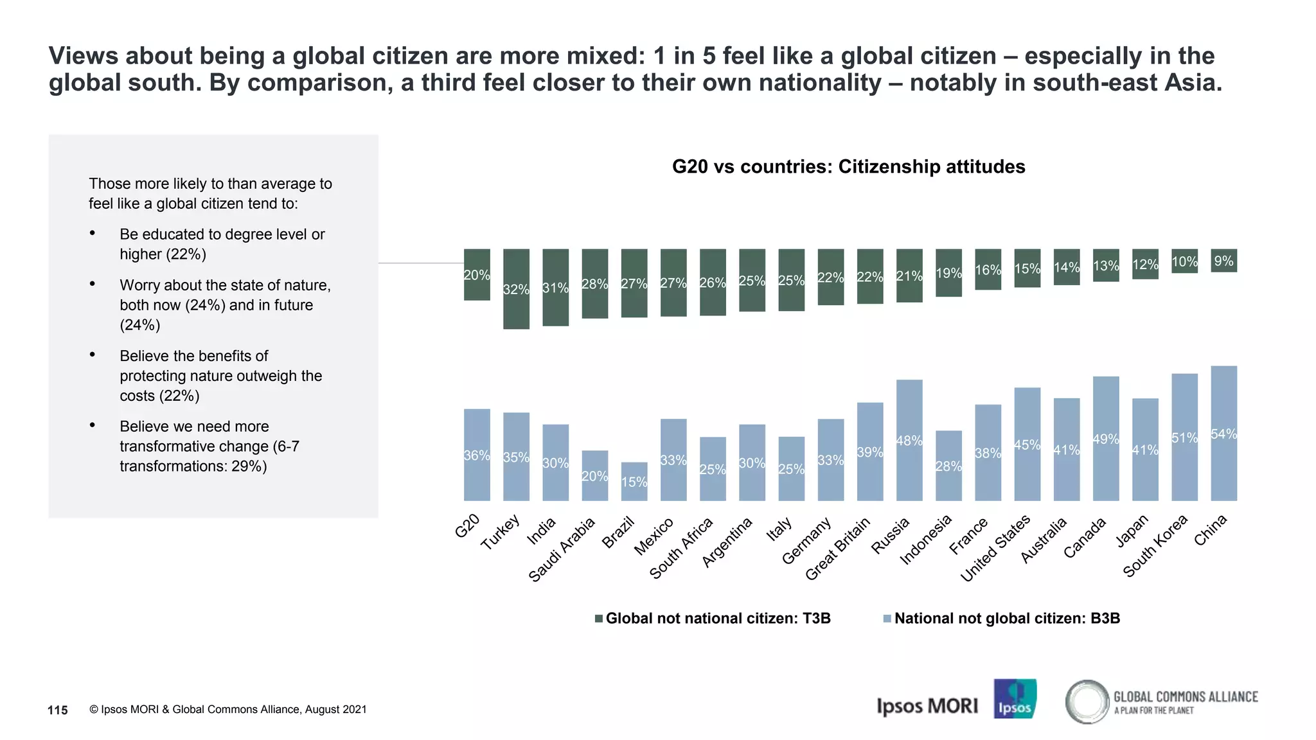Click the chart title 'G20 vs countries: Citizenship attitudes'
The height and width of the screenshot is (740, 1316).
coord(848,166)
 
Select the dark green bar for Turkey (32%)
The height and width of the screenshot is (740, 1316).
coord(516,289)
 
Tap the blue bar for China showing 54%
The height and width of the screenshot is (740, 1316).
coord(1223,434)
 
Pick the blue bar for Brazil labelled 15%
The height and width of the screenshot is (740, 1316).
coord(634,482)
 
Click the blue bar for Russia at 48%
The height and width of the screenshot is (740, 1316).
coord(909,441)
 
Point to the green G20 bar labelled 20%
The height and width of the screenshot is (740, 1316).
coord(477,275)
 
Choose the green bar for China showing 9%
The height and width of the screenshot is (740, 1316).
coord(1223,261)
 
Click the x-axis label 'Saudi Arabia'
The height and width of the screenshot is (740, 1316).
coord(563,549)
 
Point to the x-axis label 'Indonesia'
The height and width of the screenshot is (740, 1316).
coord(926,540)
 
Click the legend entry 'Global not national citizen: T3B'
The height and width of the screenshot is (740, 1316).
coord(713,618)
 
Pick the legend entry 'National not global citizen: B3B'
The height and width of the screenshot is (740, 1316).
coord(1002,618)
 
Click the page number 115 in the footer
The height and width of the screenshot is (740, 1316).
coord(58,710)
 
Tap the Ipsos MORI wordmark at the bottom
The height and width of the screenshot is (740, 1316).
coord(927,706)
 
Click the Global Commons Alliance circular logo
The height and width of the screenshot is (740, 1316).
coord(1087,701)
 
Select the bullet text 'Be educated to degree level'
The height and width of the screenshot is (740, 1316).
coord(222,234)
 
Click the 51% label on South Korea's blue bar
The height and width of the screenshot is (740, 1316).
coord(1184,438)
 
